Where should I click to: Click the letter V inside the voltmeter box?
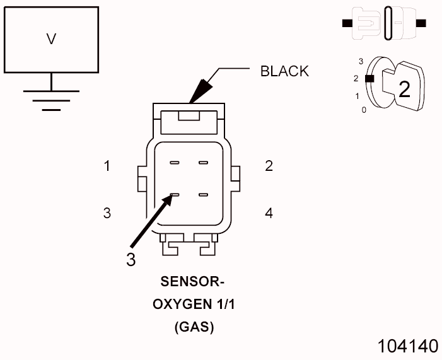point(52,39)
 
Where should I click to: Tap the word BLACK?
point(284,71)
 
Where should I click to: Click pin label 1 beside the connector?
point(108,166)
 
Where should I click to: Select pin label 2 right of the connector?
point(269,166)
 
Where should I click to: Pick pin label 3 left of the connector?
point(108,213)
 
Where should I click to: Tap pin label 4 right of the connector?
point(269,213)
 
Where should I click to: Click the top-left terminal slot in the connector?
point(174,163)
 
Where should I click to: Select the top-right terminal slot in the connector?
point(203,163)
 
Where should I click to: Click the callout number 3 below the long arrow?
point(131,260)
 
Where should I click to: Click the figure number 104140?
point(407,346)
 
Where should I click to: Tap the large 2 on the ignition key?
point(404,89)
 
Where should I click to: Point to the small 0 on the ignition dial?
point(363,110)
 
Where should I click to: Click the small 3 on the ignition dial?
point(360,61)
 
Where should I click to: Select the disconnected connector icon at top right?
point(384,23)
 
